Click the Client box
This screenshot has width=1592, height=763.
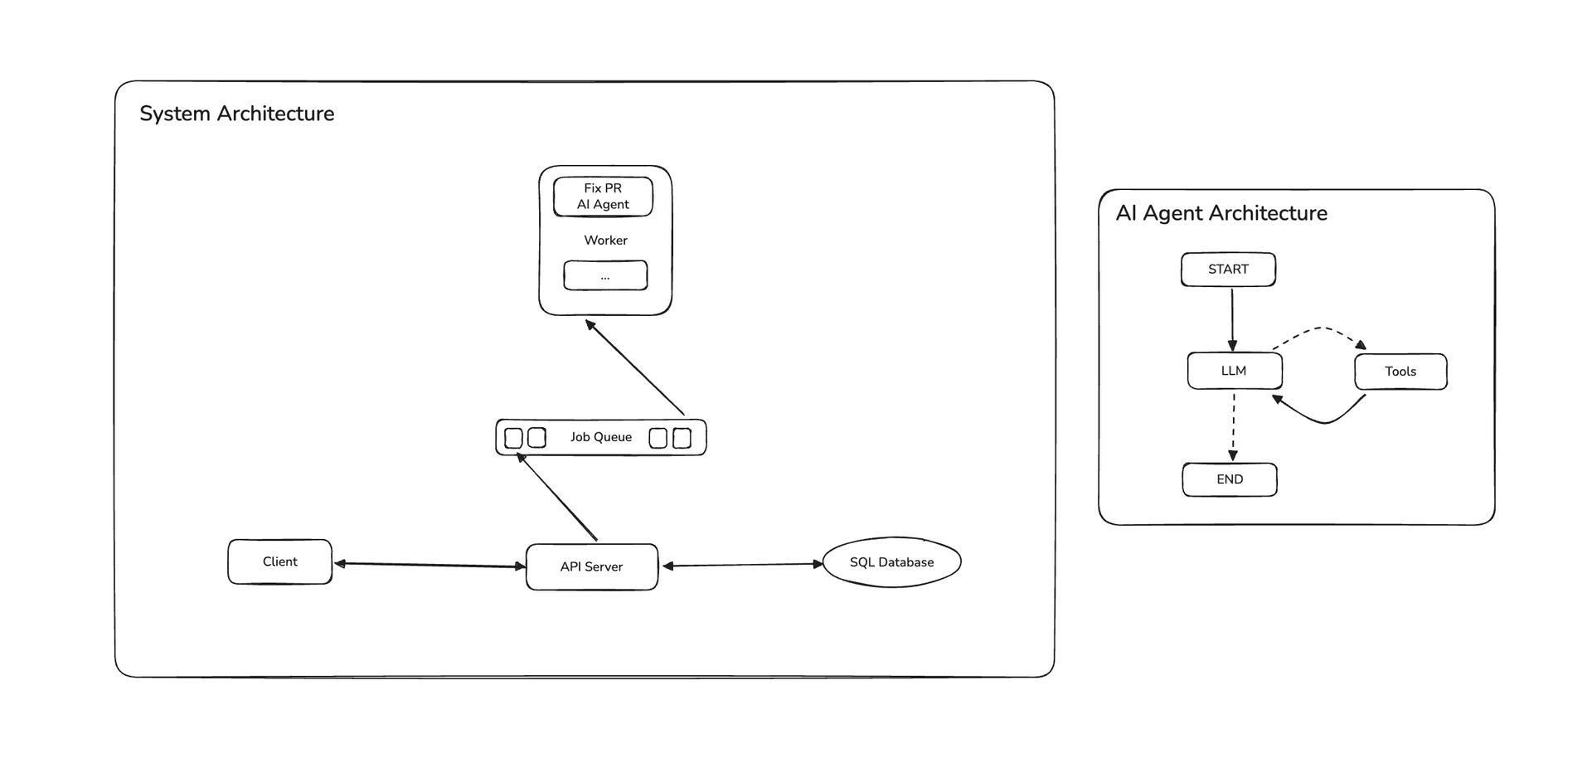point(279,562)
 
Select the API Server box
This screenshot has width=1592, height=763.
point(591,567)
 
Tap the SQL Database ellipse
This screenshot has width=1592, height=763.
point(891,562)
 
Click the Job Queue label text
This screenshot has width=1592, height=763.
point(600,437)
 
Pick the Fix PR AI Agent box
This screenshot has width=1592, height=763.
point(603,197)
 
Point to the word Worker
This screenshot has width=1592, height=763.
point(605,241)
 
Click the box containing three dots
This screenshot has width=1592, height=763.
point(605,275)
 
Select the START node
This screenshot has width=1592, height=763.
point(1228,270)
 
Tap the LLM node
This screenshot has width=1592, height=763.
point(1234,371)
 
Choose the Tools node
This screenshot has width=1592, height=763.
point(1400,372)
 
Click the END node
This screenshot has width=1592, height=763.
point(1230,479)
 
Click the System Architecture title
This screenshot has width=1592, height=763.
point(237,114)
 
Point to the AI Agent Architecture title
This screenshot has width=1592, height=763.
point(1221,213)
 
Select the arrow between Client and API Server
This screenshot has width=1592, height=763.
point(430,565)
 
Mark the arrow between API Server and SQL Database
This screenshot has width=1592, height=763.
point(742,565)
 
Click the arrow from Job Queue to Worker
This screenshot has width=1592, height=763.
point(635,368)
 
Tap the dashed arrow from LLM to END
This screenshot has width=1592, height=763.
point(1234,427)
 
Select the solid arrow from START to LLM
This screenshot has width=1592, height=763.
point(1232,319)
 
